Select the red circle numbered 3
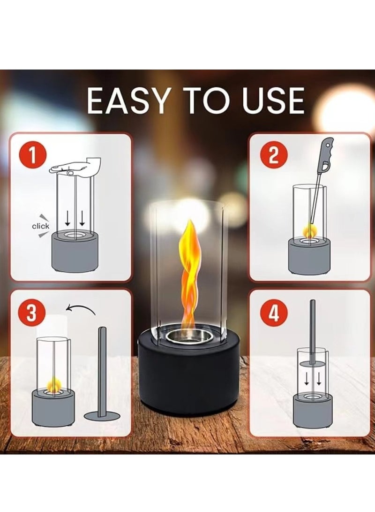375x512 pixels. (31, 313)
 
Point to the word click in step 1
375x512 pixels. (40, 226)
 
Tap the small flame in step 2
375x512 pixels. (310, 231)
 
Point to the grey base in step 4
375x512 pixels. (312, 408)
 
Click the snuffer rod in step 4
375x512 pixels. (312, 329)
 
